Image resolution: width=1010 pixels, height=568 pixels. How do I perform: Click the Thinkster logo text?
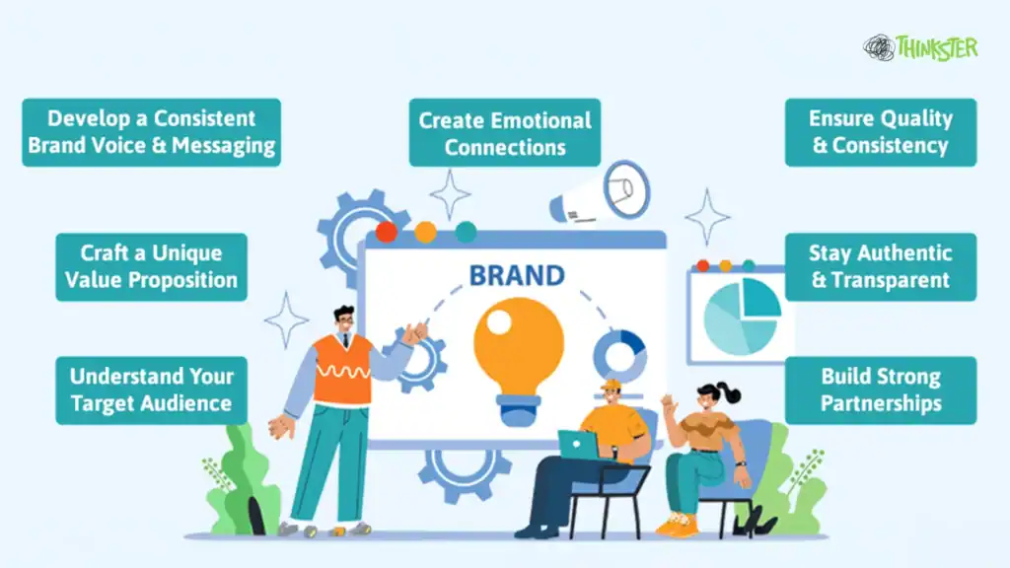tap(936, 47)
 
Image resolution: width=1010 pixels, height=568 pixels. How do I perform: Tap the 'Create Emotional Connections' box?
tap(505, 133)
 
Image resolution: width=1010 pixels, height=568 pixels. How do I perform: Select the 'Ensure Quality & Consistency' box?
tap(881, 132)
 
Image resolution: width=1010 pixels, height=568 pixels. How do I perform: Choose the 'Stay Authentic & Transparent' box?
tap(881, 266)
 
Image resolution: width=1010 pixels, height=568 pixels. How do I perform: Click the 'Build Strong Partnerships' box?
tap(881, 390)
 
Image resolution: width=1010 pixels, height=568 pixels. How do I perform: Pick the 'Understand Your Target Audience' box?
tap(151, 390)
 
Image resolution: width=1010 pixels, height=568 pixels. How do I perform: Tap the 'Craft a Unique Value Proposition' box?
tap(151, 266)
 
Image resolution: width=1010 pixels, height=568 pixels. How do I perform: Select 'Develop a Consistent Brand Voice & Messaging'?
tap(151, 132)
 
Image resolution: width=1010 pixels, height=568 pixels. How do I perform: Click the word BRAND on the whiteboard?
tap(517, 274)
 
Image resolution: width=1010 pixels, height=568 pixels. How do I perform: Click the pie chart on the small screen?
tap(741, 314)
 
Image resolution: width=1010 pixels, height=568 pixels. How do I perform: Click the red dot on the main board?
tap(387, 232)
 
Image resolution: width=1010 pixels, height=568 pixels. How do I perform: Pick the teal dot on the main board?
tap(466, 232)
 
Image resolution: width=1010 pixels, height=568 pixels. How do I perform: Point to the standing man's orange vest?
tap(341, 369)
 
